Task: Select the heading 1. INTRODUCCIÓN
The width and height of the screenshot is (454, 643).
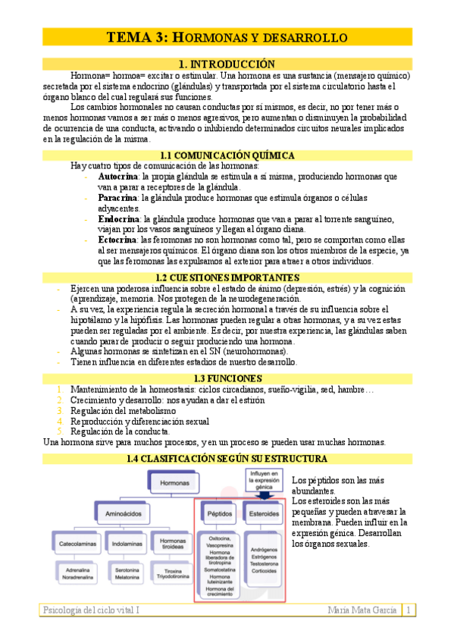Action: [x=227, y=64]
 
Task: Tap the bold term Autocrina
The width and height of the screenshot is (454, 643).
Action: [x=123, y=176]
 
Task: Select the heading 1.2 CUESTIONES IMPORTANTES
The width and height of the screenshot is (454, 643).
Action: [x=227, y=278]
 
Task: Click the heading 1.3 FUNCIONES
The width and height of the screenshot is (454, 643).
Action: [x=227, y=378]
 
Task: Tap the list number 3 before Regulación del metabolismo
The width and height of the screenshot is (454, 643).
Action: [x=61, y=410]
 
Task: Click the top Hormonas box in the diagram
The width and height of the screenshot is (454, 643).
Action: [x=175, y=482]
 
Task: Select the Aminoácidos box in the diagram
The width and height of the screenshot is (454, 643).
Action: [x=125, y=514]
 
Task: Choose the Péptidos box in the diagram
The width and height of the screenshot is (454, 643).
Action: [x=218, y=514]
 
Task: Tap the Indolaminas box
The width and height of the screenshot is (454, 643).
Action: [x=126, y=543]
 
